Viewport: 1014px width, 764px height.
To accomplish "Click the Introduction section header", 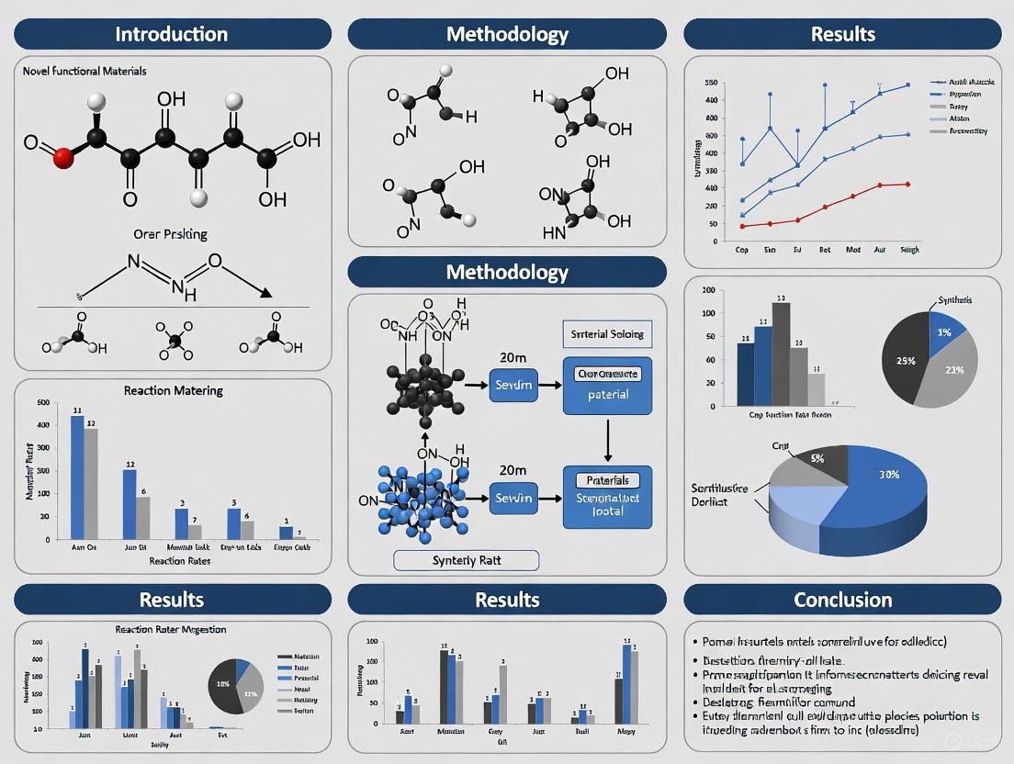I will [x=172, y=35].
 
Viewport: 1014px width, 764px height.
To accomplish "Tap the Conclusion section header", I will [x=842, y=600].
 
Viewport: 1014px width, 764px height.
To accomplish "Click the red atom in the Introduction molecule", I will [x=63, y=158].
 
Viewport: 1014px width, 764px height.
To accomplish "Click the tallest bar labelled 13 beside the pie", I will [x=781, y=354].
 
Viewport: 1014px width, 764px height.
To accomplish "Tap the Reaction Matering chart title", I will [x=173, y=390].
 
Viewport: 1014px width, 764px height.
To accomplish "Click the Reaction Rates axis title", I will [x=173, y=560].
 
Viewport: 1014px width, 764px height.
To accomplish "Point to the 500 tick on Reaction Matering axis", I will [x=42, y=403].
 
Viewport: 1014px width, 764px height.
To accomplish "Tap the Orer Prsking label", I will [x=172, y=233].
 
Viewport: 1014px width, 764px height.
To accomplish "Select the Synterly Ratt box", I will [x=466, y=560].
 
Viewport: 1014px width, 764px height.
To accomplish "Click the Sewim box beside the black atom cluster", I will [x=513, y=385].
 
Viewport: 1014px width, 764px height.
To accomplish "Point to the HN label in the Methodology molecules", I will [x=554, y=233].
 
